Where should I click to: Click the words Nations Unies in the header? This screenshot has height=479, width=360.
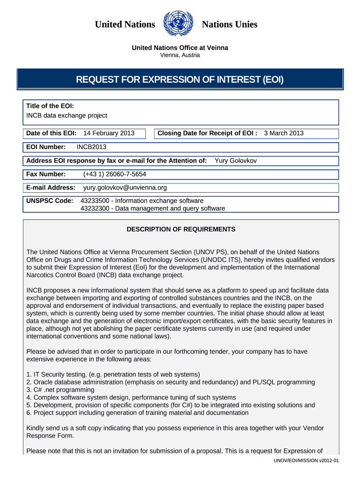tap(230, 24)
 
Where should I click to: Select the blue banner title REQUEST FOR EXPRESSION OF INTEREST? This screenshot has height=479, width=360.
tap(180, 80)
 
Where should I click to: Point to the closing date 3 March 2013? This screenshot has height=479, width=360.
tap(284, 133)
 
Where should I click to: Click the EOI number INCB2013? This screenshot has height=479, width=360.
tap(92, 147)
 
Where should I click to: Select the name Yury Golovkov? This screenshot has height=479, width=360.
tap(236, 161)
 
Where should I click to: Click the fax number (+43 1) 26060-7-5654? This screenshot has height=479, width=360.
tap(115, 174)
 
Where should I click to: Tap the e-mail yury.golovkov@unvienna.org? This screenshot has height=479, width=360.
tap(125, 188)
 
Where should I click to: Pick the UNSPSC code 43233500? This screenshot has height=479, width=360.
tap(96, 201)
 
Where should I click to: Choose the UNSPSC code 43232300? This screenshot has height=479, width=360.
tap(96, 209)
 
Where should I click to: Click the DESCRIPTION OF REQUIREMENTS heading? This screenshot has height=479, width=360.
tap(181, 230)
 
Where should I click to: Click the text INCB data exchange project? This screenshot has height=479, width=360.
tap(67, 116)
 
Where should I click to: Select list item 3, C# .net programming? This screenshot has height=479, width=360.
tap(60, 390)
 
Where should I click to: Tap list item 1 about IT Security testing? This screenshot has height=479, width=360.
tap(113, 374)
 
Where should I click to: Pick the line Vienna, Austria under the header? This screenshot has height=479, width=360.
tap(180, 55)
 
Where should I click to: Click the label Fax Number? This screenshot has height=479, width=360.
tap(46, 174)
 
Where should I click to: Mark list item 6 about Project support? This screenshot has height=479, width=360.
tap(137, 413)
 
